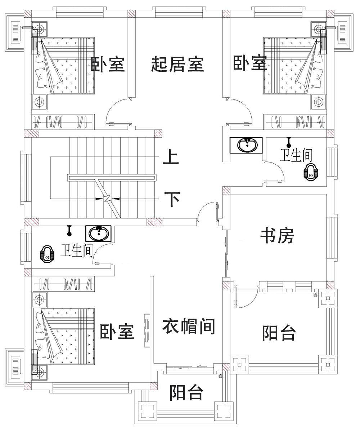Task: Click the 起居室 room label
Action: pos(177,65)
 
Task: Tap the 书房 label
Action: pos(277,236)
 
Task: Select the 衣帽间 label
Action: pos(189,326)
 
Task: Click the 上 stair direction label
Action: pos(171,158)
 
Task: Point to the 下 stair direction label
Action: pos(172,199)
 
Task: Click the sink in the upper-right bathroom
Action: pos(248,145)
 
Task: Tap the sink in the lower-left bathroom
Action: pos(98,234)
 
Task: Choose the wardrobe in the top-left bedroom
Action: pos(63,122)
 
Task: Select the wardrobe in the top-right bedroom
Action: pos(295,122)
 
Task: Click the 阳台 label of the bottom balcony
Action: pos(186,392)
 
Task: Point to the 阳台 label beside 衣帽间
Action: pos(279,333)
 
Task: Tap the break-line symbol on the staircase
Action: pos(107,198)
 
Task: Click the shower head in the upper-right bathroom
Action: pos(288,141)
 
